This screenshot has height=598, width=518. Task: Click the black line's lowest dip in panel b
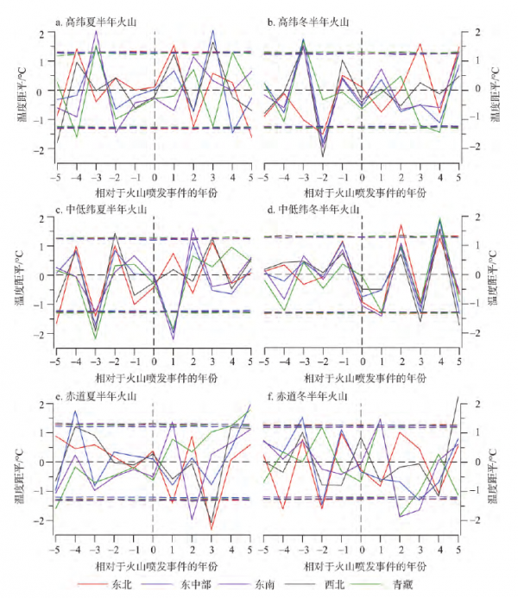coord(324,156)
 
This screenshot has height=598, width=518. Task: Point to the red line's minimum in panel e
coord(211,528)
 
